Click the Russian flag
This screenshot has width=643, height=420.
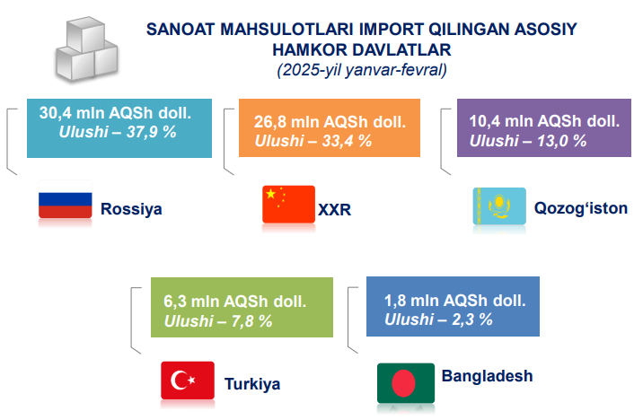[x=66, y=199]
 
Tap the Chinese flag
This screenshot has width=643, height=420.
[x=288, y=205]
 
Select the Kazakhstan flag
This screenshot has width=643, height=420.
[x=499, y=206]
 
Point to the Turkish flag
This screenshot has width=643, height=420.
[x=188, y=381]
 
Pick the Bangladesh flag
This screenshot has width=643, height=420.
[x=406, y=382]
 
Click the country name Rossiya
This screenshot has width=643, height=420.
[x=131, y=209]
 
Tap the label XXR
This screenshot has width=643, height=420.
[x=335, y=210]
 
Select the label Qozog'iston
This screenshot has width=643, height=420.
[x=581, y=208]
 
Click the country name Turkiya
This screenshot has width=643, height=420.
[x=252, y=384]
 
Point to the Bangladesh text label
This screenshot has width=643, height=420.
[x=487, y=376]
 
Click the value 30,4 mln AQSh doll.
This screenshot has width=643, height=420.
[x=115, y=113]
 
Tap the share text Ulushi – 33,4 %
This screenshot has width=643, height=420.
[x=313, y=141]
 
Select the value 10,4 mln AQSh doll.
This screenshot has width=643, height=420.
[x=544, y=121]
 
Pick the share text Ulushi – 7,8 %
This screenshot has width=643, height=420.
[x=218, y=321]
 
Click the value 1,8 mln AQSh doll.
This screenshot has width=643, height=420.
[x=454, y=301]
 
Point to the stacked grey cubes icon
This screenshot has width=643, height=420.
[x=86, y=48]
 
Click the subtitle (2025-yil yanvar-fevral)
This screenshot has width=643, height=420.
[x=362, y=70]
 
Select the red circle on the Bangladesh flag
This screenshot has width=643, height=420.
[x=403, y=383]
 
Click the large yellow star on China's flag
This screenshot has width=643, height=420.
[x=270, y=194]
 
